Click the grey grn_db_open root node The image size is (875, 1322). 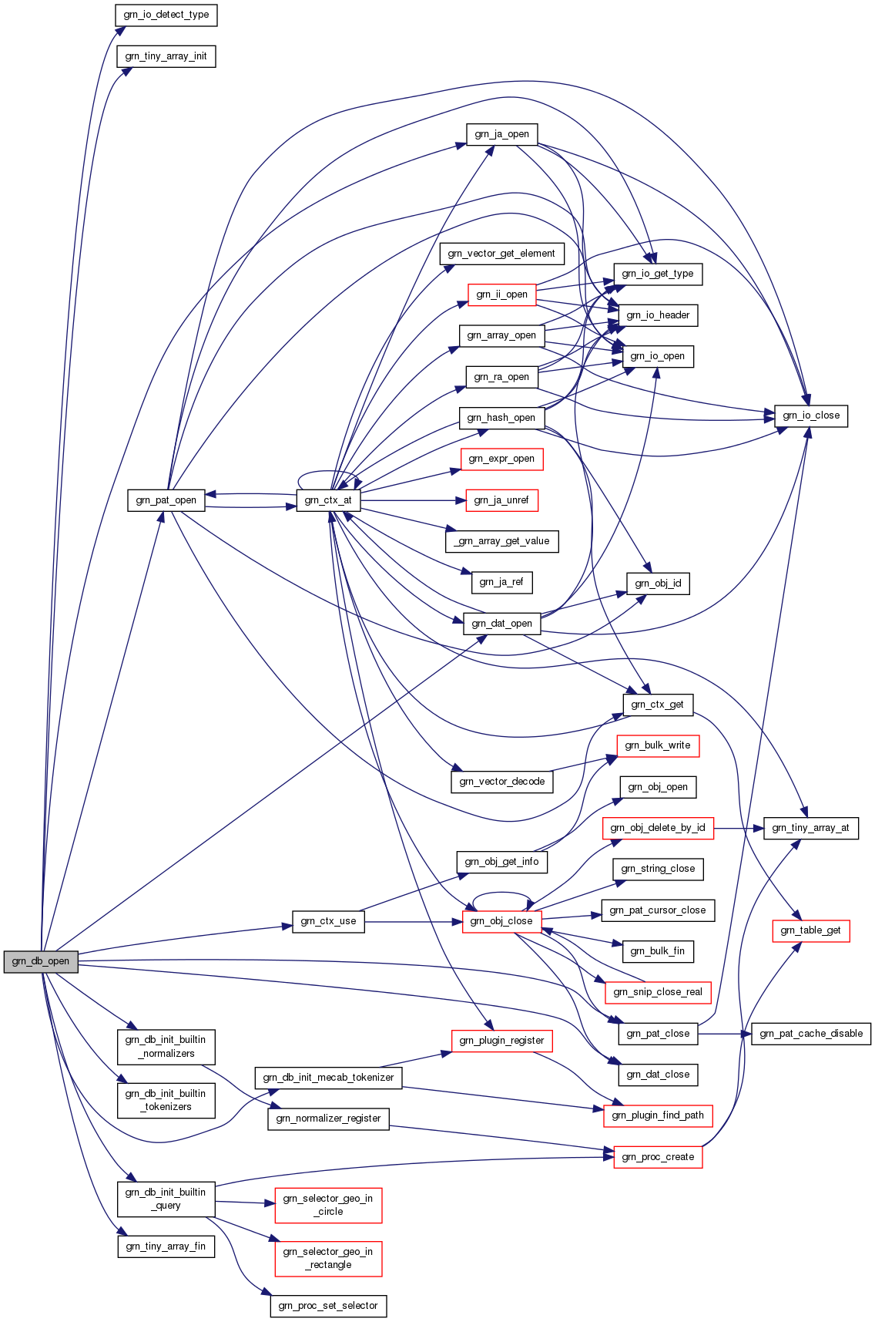[41, 961]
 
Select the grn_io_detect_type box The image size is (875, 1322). [166, 15]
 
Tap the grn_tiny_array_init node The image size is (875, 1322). [166, 56]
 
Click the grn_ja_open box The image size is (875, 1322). [501, 134]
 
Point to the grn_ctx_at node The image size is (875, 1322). [328, 500]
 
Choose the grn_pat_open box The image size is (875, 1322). [166, 500]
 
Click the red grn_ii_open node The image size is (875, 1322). [501, 294]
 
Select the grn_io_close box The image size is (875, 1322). [811, 415]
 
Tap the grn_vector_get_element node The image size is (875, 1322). [501, 254]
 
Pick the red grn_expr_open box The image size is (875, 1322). [501, 459]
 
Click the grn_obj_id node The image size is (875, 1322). [658, 584]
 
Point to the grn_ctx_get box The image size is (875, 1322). [658, 705]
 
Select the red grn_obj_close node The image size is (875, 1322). [501, 921]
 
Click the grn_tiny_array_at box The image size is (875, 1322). [811, 828]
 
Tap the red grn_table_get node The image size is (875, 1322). [811, 930]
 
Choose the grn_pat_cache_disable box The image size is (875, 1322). [811, 1034]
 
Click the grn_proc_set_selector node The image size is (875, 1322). [328, 1306]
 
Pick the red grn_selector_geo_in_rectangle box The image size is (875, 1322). [328, 1258]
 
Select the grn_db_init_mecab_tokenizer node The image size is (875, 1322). [328, 1078]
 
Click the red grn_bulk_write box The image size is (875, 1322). [658, 745]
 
